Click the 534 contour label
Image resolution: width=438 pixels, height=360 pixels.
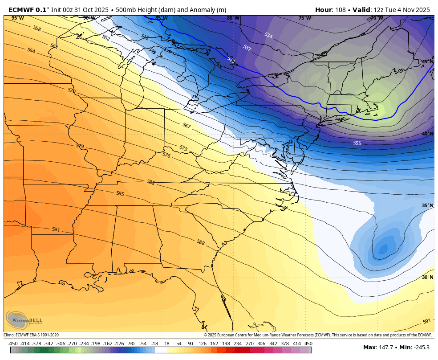coord(268,36)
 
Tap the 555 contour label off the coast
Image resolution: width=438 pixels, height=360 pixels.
coord(357,143)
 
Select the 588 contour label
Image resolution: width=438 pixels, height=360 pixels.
coord(201,242)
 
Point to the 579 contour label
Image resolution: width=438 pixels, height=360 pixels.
coord(80,146)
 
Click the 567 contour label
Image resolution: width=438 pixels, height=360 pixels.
coord(187,126)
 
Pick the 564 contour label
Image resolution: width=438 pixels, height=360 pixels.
coord(31,51)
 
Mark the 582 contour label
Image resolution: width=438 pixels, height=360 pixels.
coord(151,182)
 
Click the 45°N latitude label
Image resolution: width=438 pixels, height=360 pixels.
coord(427,61)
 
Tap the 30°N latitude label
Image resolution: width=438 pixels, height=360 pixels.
coord(427,277)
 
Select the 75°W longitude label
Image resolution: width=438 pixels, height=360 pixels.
coord(304,18)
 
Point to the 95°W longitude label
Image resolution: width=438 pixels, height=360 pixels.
coord(18,18)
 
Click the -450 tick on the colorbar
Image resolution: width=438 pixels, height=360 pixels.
coord(13,344)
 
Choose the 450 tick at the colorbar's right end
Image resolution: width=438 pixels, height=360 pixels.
coord(308,344)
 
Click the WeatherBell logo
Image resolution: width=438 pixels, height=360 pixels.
coord(23,319)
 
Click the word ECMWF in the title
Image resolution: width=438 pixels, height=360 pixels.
coord(21,10)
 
